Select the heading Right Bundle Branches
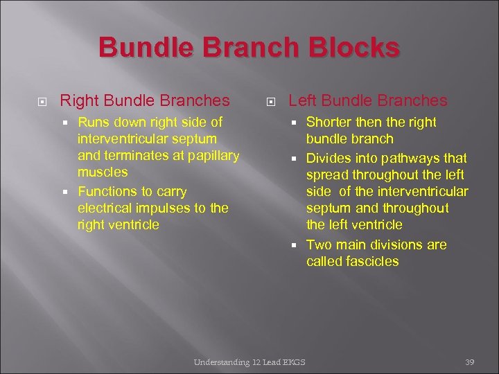click(x=145, y=100)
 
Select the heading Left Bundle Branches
click(x=368, y=100)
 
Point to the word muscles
click(x=103, y=172)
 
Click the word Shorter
click(x=330, y=123)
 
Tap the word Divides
click(x=329, y=159)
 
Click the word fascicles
click(x=374, y=261)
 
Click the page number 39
click(x=469, y=362)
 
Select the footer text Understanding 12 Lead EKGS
click(x=249, y=362)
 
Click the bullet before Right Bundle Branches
click(x=42, y=101)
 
